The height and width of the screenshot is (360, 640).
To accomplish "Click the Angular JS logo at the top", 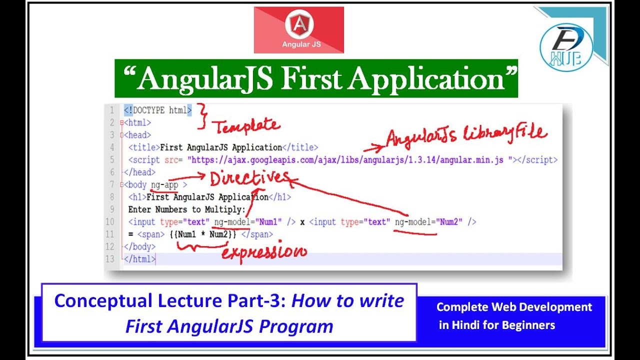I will pyautogui.click(x=298, y=30).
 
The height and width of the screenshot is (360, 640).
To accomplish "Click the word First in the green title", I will pyautogui.click(x=313, y=78).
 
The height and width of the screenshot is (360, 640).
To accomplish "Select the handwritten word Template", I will pyautogui.click(x=247, y=125).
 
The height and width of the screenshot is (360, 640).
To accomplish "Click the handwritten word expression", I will pyautogui.click(x=263, y=252).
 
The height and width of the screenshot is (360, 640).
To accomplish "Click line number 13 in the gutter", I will pyautogui.click(x=110, y=259).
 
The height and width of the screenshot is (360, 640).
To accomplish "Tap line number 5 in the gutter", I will pyautogui.click(x=112, y=160).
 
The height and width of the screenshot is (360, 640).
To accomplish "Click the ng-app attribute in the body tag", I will pyautogui.click(x=164, y=185).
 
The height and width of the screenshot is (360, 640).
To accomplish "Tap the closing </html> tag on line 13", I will pyautogui.click(x=140, y=259).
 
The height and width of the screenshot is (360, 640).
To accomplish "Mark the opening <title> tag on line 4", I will pyautogui.click(x=144, y=147).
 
